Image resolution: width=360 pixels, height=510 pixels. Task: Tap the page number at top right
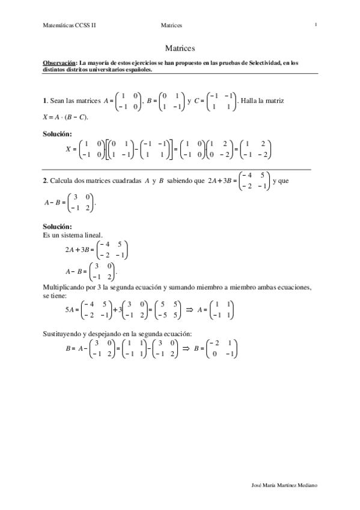click(315, 25)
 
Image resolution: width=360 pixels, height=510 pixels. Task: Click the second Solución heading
click(58, 226)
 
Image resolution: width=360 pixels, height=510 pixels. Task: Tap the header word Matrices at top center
click(171, 25)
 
